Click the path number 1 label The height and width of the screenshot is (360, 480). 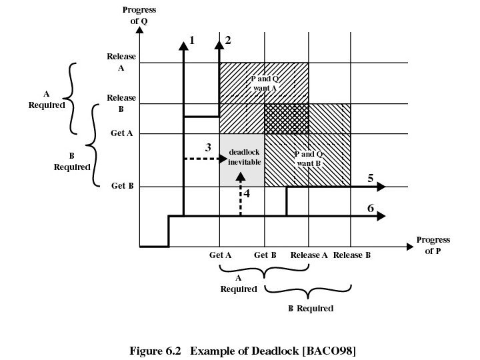point(192,40)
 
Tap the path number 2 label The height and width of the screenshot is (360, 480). point(228,40)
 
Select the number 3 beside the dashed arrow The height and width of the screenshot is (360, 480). point(208,147)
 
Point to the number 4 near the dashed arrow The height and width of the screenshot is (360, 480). point(247,194)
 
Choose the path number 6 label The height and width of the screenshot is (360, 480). point(370,208)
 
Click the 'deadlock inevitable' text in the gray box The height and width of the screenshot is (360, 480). point(242,157)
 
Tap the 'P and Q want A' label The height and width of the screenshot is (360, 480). point(265,83)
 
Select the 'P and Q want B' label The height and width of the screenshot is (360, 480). point(308,158)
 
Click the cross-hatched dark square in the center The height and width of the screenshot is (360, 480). point(287,119)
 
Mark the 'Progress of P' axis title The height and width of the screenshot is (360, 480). point(433,245)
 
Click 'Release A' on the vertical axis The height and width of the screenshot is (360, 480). point(121,62)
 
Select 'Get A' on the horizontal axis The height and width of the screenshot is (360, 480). point(220,255)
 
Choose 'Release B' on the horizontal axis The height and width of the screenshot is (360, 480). point(351,255)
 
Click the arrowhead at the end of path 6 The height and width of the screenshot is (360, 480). point(381,216)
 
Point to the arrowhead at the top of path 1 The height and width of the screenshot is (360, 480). point(183,45)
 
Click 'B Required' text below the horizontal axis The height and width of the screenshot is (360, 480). point(310,309)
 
